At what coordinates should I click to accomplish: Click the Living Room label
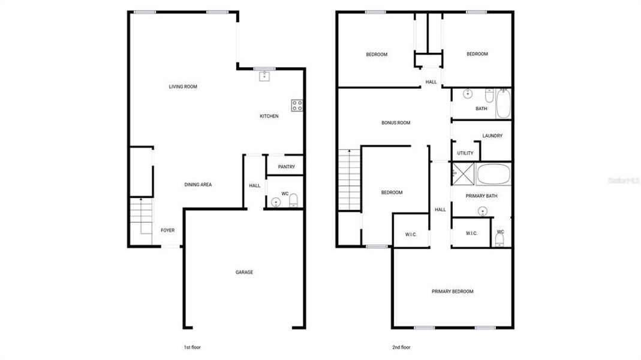[x=183, y=87]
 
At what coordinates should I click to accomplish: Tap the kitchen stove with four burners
[x=297, y=106]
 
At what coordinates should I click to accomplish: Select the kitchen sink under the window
[x=264, y=76]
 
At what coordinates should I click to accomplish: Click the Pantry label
[x=286, y=167]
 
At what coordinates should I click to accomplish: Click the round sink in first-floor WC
[x=275, y=202]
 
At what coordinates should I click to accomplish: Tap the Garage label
[x=244, y=272]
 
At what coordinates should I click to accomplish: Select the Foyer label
[x=167, y=230]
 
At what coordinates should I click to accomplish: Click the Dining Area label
[x=198, y=185]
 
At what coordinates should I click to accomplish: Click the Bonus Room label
[x=396, y=123]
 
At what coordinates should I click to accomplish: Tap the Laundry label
[x=492, y=136]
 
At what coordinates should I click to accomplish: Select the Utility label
[x=465, y=153]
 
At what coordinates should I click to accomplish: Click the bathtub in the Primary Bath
[x=493, y=174]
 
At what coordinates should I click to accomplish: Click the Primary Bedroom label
[x=453, y=292]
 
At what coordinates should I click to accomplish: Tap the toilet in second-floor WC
[x=499, y=240]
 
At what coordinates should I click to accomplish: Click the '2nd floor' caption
[x=401, y=347]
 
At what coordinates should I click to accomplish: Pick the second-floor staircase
[x=348, y=179]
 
